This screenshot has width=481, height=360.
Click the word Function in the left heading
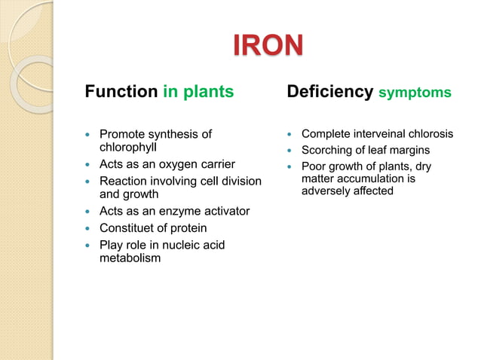121,93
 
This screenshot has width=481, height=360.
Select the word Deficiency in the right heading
330,93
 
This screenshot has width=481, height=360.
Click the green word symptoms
415,93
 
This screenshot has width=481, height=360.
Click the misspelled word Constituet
128,228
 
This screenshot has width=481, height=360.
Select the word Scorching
327,151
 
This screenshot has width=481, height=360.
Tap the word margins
409,151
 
